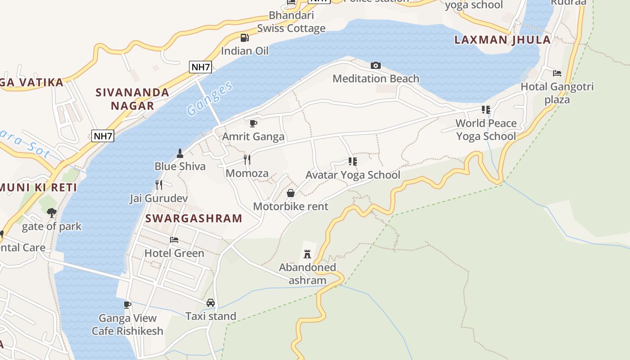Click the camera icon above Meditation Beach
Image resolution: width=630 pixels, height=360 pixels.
(375, 66)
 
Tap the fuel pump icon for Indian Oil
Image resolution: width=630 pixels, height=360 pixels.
(244, 38)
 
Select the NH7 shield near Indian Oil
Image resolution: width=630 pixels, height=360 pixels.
(200, 67)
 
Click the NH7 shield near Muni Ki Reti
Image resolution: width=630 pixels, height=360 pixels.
(103, 136)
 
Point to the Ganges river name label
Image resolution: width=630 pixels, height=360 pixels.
(210, 99)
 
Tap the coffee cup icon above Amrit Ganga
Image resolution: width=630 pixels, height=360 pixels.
(253, 123)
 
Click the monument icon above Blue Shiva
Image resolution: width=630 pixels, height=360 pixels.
(180, 153)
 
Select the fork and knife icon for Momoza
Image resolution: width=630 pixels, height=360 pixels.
(247, 160)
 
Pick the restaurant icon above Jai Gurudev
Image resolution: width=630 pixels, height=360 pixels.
(158, 184)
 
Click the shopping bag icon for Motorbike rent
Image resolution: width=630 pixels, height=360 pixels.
(291, 193)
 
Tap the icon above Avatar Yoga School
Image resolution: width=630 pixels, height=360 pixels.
(352, 161)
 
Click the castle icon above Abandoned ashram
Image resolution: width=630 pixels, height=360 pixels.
(307, 254)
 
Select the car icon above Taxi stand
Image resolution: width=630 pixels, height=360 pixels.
(210, 303)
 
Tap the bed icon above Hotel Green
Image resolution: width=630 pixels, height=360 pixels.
(174, 240)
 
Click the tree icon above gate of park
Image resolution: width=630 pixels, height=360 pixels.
(52, 212)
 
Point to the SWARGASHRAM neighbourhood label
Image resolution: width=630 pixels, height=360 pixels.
(194, 219)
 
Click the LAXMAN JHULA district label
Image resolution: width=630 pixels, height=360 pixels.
(502, 40)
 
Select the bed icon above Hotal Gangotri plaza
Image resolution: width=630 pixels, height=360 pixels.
(557, 73)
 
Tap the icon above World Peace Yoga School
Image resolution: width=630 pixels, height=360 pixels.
(486, 109)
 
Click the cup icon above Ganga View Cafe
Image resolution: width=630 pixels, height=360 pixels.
(127, 305)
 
